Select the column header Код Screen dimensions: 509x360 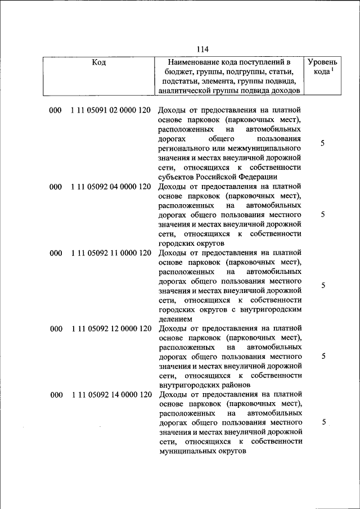tap(98, 62)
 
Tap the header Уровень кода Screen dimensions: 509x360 tap(322, 67)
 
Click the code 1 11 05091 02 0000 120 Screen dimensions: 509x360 tap(111, 110)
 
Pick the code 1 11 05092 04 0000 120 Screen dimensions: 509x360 tap(111, 187)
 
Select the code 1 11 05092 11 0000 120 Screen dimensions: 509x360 tap(111, 253)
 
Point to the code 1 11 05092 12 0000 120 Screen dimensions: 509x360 tap(111, 328)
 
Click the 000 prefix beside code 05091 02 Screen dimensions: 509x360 tap(55, 110)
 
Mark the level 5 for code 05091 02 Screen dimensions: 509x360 tap(322, 143)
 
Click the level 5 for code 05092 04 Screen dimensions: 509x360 tap(322, 215)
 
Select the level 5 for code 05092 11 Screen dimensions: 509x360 tap(323, 285)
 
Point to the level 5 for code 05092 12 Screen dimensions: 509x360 tap(323, 356)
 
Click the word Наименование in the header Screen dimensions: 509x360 tap(195, 62)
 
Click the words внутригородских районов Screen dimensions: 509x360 tap(204, 385)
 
